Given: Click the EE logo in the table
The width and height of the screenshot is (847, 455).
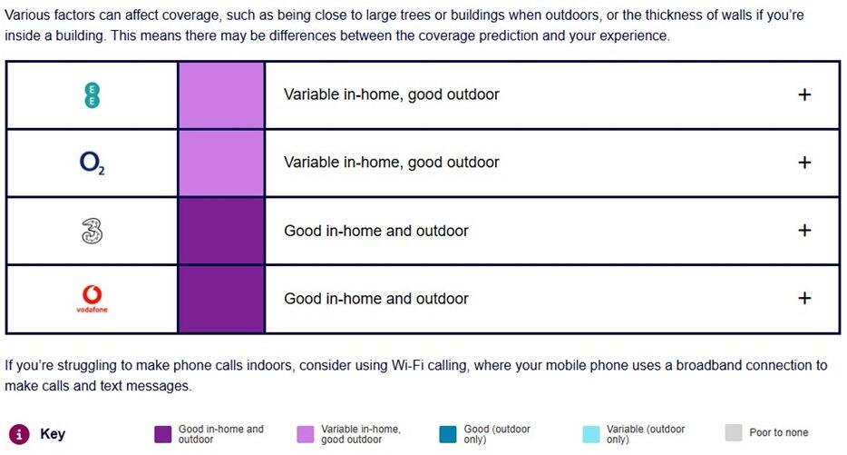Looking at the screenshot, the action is (x=92, y=95).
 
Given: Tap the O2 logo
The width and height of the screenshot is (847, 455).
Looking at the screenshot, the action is (x=92, y=163).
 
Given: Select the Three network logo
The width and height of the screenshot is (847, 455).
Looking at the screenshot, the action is (x=92, y=231).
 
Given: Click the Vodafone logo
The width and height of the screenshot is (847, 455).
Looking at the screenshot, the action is (x=92, y=299).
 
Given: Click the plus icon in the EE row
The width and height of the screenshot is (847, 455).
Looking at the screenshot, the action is (x=804, y=94).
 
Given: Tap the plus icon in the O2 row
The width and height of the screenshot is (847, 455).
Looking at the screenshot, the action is (x=804, y=163).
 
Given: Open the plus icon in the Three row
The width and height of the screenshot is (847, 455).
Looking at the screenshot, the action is (x=804, y=231).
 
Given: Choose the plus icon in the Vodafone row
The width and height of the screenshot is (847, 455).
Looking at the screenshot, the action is (x=804, y=298).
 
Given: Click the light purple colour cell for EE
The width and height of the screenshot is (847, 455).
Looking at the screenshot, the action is (x=221, y=95).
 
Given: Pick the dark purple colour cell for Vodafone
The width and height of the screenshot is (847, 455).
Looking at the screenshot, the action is (x=221, y=299).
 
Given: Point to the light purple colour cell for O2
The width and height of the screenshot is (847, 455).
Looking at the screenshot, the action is (x=221, y=163).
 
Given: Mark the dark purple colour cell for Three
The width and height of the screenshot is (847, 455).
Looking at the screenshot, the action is (x=221, y=231).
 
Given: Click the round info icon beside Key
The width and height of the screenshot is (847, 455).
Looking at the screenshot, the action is (x=19, y=434).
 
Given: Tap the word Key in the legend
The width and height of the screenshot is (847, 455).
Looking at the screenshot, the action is (x=53, y=434).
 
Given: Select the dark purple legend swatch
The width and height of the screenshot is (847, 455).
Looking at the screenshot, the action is (x=162, y=434).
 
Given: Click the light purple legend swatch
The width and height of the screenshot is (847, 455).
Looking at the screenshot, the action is (x=306, y=434).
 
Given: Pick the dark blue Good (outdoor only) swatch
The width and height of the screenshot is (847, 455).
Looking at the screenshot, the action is (x=448, y=434).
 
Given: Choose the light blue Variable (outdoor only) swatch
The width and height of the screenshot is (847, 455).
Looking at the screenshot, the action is (x=591, y=434).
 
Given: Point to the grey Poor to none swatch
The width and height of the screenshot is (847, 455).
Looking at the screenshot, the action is (x=734, y=433).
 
